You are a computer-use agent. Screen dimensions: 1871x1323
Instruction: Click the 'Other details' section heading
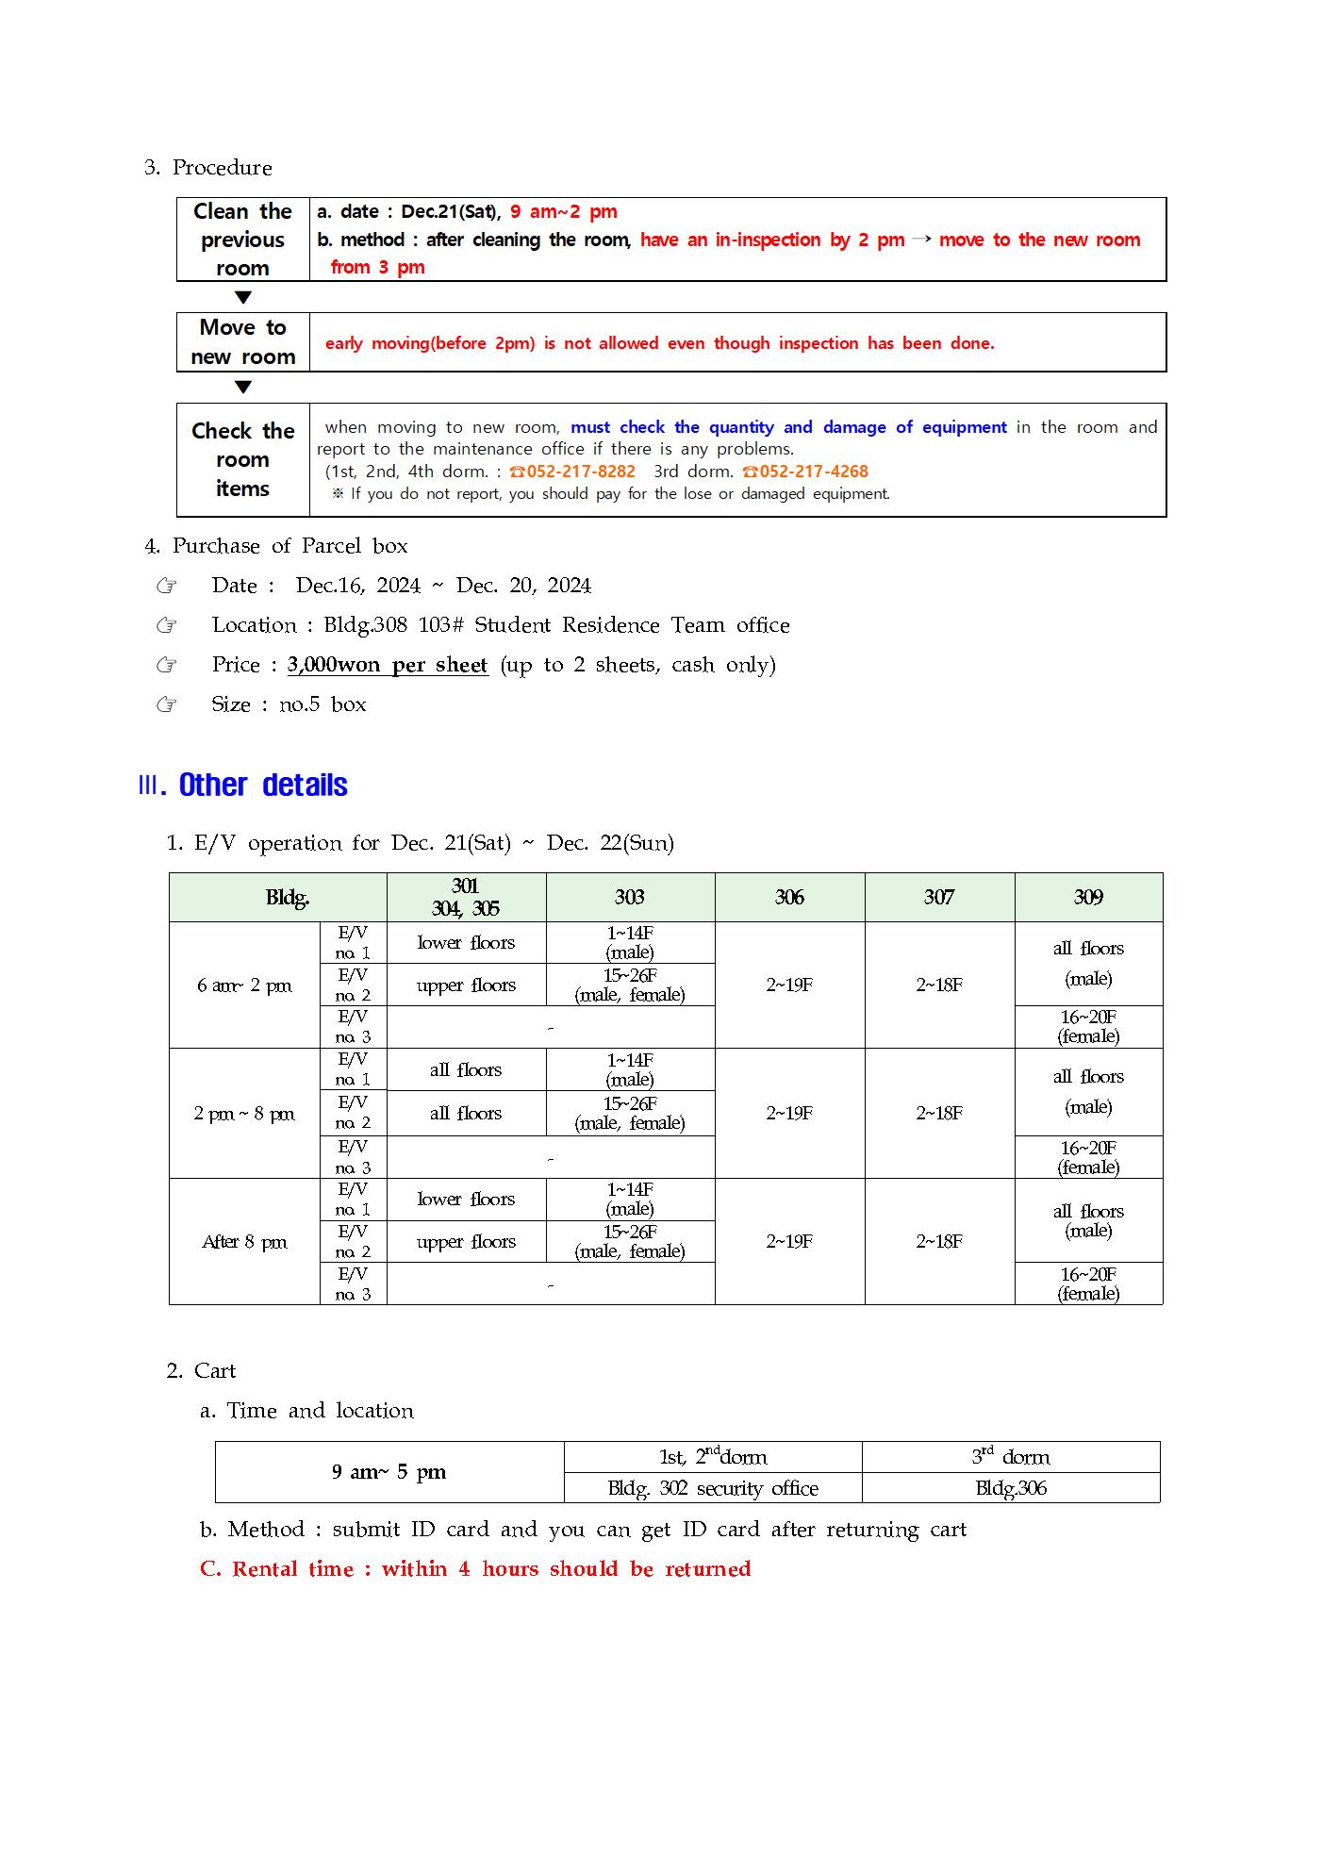[263, 786]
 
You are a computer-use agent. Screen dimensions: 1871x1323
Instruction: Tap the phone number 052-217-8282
[572, 472]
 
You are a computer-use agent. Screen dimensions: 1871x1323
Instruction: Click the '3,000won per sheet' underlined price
[388, 665]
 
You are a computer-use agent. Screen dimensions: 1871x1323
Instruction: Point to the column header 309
[1088, 897]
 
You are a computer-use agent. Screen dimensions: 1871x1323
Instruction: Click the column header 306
[789, 897]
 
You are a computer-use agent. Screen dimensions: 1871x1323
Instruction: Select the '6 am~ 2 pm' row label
[244, 985]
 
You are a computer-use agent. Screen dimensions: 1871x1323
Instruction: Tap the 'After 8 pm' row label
[244, 1242]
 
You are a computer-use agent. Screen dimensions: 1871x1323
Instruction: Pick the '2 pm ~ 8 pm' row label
[244, 1114]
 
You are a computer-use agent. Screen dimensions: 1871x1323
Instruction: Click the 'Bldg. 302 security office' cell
[713, 1488]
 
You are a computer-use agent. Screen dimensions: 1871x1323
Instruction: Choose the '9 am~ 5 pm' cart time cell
[389, 1472]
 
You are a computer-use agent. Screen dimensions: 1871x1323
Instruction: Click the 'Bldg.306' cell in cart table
[1011, 1488]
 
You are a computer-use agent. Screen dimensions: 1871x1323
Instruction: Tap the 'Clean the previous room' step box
[242, 240]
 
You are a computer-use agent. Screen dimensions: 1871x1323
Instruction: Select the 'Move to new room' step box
[242, 342]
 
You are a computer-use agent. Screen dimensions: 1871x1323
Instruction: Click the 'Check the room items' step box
[242, 460]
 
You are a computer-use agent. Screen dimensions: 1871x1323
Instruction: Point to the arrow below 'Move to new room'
[242, 387]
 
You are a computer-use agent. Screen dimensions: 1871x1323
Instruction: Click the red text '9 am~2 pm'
[564, 212]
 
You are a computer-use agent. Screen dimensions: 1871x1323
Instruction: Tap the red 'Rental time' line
[475, 1569]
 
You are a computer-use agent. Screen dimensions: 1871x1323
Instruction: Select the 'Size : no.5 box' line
[289, 704]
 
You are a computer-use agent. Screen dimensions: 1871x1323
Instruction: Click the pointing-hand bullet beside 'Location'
[167, 625]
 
